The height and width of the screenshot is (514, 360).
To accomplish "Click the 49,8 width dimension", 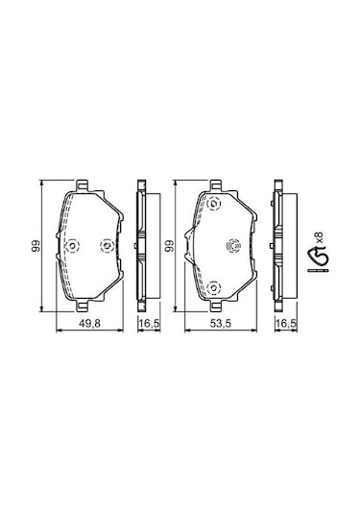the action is [89, 324].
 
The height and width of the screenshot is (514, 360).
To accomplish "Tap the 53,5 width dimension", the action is [221, 324].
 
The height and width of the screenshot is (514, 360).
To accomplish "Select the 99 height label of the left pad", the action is [36, 246].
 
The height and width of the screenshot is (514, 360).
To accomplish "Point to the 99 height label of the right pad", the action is [169, 246].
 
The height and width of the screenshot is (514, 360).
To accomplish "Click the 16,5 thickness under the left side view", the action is [150, 324].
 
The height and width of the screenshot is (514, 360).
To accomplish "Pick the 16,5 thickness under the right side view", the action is [286, 324].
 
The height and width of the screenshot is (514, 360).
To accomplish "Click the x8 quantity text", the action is [320, 237].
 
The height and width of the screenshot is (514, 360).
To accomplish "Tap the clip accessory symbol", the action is [317, 257].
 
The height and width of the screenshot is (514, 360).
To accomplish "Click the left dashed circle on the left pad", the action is [72, 246].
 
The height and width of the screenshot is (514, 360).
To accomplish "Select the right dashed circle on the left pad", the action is [107, 246].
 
